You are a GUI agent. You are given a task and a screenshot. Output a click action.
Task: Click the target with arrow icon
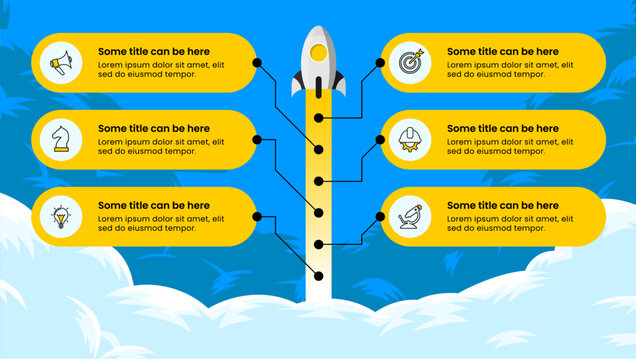point(410,63)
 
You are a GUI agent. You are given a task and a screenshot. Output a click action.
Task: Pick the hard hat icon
point(410,139)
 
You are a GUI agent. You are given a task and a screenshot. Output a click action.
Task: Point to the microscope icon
point(410,216)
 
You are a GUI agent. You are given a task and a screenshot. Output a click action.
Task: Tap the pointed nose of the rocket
point(318,29)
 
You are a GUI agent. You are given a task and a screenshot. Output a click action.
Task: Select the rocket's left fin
point(298,84)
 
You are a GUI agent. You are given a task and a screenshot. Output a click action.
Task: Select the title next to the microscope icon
point(502,205)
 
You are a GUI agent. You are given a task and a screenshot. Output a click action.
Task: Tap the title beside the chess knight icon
point(154,128)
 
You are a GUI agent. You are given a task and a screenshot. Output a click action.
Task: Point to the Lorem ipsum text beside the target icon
point(509,69)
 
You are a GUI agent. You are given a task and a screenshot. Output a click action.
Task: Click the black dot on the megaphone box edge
point(257,62)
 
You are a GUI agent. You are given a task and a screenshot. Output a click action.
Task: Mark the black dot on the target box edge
point(380,62)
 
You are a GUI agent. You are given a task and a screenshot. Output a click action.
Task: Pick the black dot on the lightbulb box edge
point(257,216)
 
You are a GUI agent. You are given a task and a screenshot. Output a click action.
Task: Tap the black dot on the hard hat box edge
point(380,139)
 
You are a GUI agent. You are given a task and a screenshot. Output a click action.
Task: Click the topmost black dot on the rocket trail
point(318,118)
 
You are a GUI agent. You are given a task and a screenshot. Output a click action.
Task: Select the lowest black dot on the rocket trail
point(318,276)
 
